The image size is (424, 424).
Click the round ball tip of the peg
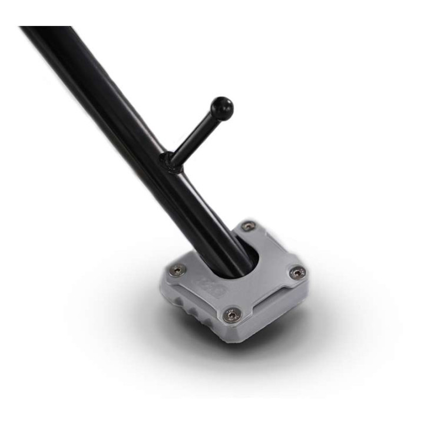coord(222,108)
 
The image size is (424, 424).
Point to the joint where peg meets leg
coord(171,160)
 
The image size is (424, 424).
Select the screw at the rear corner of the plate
coord(249,226)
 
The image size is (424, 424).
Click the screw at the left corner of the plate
coord(176,270)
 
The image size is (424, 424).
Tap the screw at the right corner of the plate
coord(297,272)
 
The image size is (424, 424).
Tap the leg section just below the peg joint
coord(188,188)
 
